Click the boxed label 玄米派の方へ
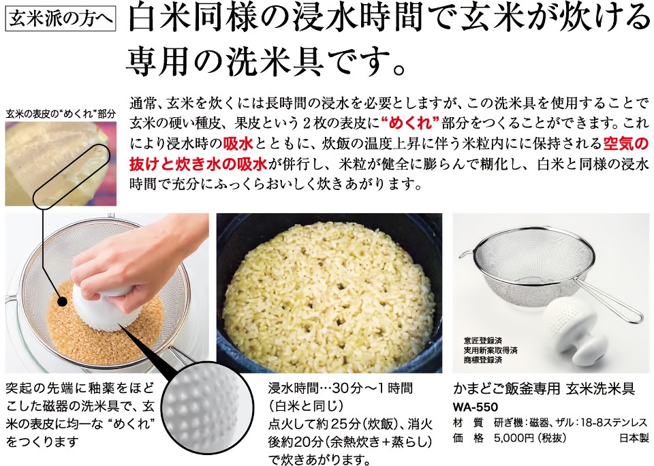61,19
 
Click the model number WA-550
475,406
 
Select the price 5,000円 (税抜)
530,438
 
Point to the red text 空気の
626,144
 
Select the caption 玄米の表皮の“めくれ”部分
61,114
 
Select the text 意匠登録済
482,341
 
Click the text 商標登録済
482,360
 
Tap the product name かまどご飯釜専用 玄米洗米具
544,388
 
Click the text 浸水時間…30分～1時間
341,388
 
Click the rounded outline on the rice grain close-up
71,176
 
